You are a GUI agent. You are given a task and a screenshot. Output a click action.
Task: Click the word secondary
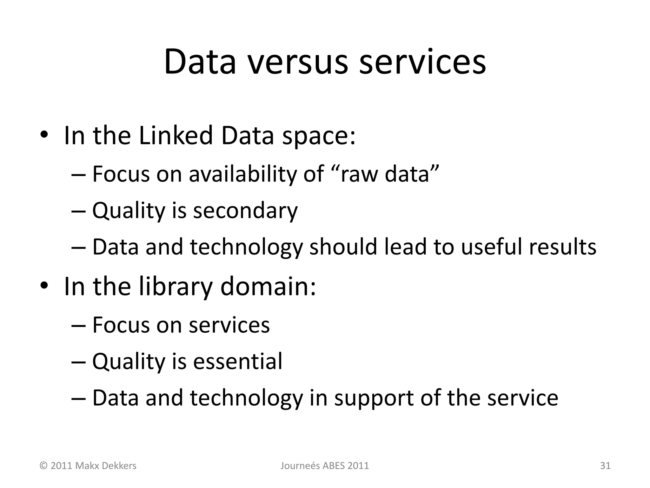point(245,211)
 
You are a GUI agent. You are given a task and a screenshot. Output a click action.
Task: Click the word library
point(176,287)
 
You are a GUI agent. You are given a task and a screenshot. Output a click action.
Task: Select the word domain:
point(268,287)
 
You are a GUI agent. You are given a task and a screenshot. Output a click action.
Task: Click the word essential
point(237,361)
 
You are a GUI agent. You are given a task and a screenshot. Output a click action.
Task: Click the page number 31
point(605,466)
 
